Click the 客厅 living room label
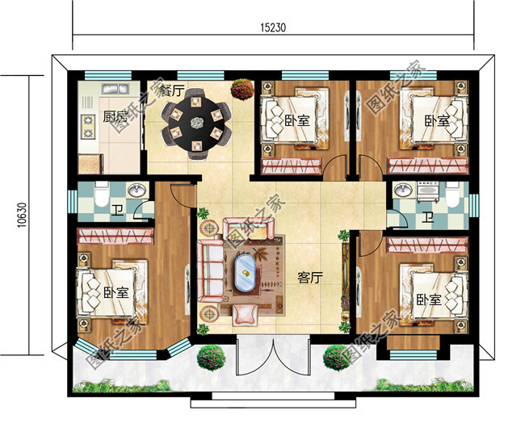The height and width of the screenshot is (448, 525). point(310,278)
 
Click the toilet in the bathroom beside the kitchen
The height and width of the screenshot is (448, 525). point(101,197)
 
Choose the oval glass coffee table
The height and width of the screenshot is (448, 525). point(243,271)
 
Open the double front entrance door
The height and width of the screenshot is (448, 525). point(272,355)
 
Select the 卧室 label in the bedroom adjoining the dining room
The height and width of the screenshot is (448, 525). point(298,122)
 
